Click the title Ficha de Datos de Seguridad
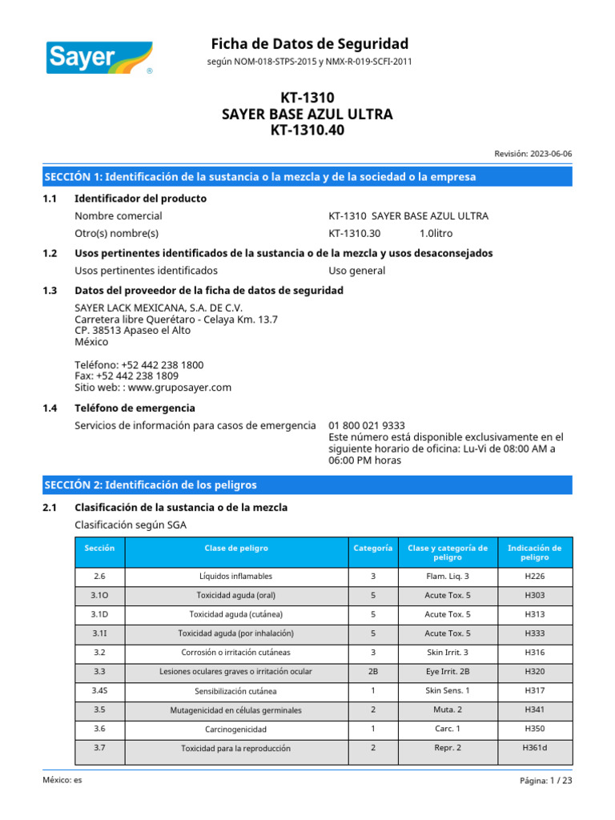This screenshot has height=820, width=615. click(x=309, y=43)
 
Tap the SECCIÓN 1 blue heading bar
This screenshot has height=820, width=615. click(x=308, y=177)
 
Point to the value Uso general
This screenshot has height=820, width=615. click(x=356, y=271)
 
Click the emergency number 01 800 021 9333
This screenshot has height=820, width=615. click(x=366, y=425)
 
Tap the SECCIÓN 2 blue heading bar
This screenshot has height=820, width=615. click(x=308, y=485)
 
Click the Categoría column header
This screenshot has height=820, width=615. click(x=373, y=549)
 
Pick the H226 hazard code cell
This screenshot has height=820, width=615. click(x=535, y=576)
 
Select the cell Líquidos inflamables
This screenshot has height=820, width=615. click(x=236, y=576)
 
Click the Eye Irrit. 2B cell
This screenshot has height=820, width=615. click(x=448, y=671)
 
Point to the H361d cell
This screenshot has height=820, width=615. click(x=535, y=748)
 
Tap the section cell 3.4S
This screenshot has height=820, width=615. click(x=99, y=690)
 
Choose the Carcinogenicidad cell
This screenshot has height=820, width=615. click(x=236, y=729)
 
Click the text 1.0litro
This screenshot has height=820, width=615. click(x=438, y=233)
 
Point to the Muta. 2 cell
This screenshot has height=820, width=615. click(x=448, y=709)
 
